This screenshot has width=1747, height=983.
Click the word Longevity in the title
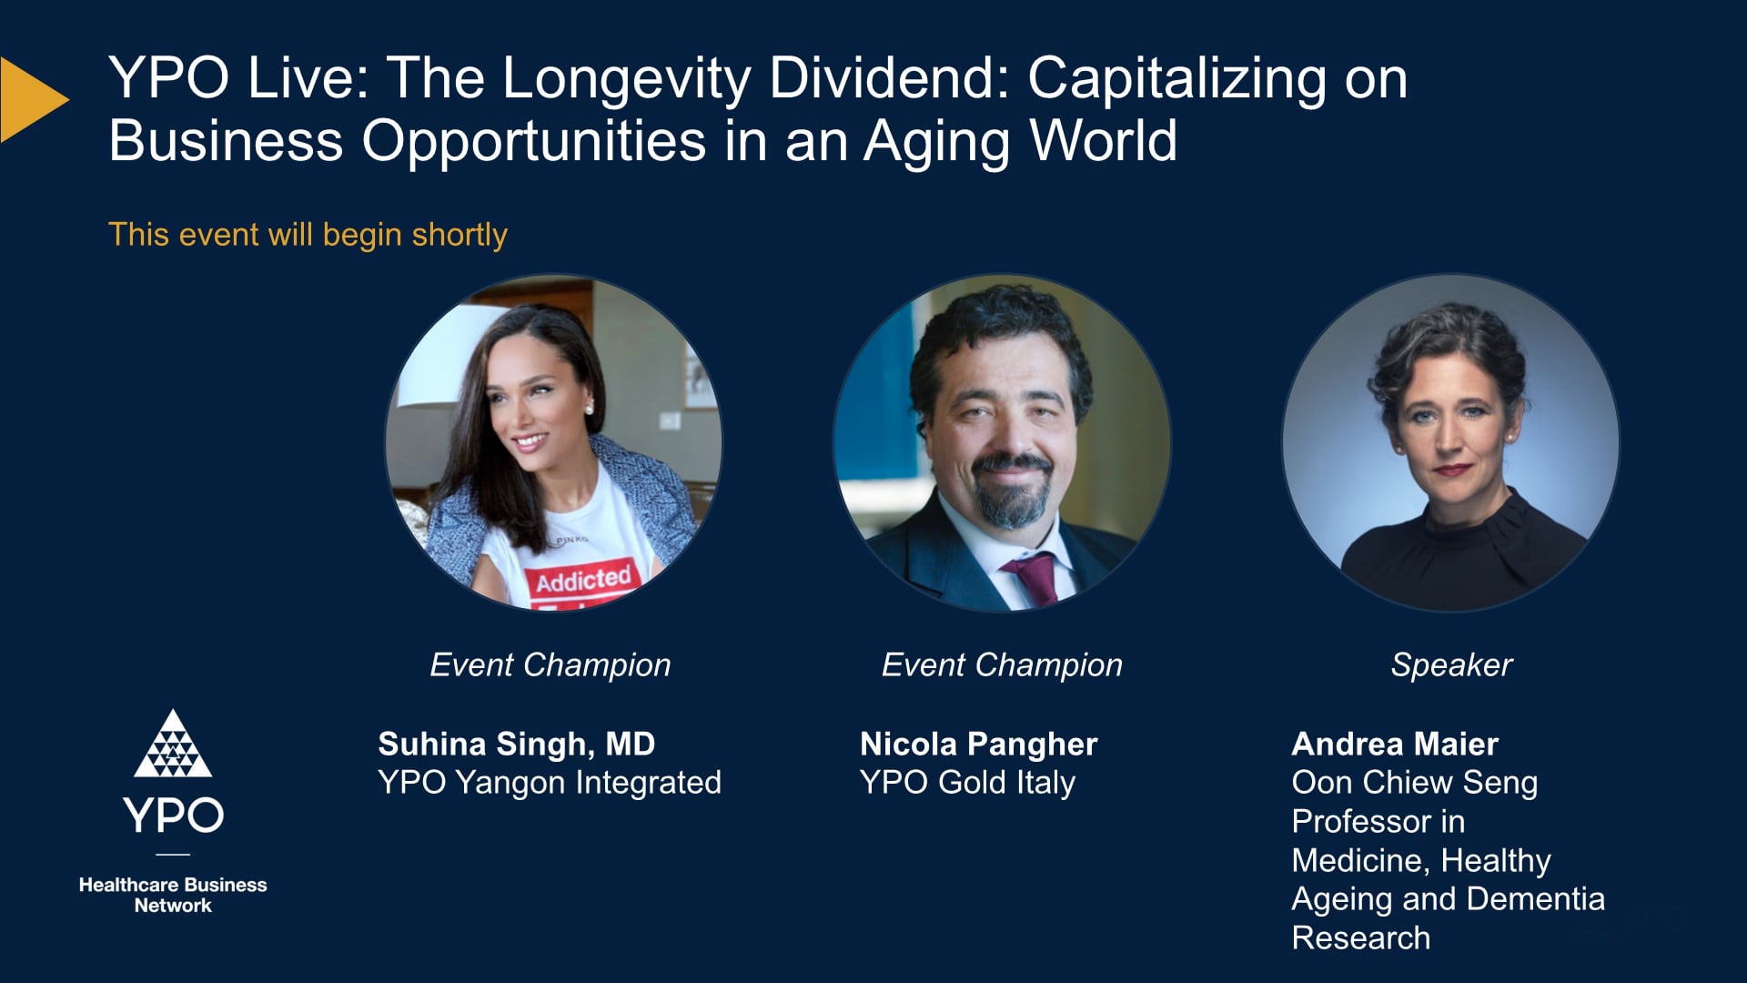(x=626, y=79)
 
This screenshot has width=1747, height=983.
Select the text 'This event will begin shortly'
(x=308, y=235)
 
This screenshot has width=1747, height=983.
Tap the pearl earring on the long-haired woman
(x=589, y=409)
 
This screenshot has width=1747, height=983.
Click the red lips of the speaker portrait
(x=1452, y=470)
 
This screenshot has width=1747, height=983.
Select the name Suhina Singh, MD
(x=516, y=744)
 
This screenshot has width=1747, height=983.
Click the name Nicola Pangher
(x=978, y=744)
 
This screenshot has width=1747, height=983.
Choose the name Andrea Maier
(x=1394, y=744)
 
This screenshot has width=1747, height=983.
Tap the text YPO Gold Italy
(x=967, y=783)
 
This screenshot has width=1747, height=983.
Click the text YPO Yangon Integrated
(x=549, y=783)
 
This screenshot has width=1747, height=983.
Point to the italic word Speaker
(x=1451, y=665)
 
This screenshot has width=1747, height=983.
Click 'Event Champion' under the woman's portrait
(x=550, y=665)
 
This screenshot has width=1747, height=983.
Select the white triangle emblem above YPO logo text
(x=173, y=746)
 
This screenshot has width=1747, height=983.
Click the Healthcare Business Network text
(x=173, y=895)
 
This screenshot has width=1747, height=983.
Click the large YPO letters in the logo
(x=173, y=815)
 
